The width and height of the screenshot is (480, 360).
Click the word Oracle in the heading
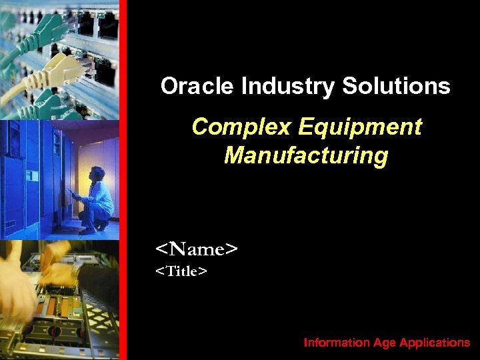[197, 86]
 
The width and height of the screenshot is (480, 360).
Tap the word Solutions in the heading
[396, 86]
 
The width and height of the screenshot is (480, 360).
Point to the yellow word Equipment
[361, 127]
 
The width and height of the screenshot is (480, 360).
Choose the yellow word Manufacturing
[306, 155]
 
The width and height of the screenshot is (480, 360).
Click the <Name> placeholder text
[197, 249]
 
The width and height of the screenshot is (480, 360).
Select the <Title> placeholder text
[181, 271]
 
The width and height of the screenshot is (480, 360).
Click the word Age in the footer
[385, 343]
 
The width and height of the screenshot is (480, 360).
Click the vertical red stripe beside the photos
[123, 180]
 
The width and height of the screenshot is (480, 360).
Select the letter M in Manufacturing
[233, 155]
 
